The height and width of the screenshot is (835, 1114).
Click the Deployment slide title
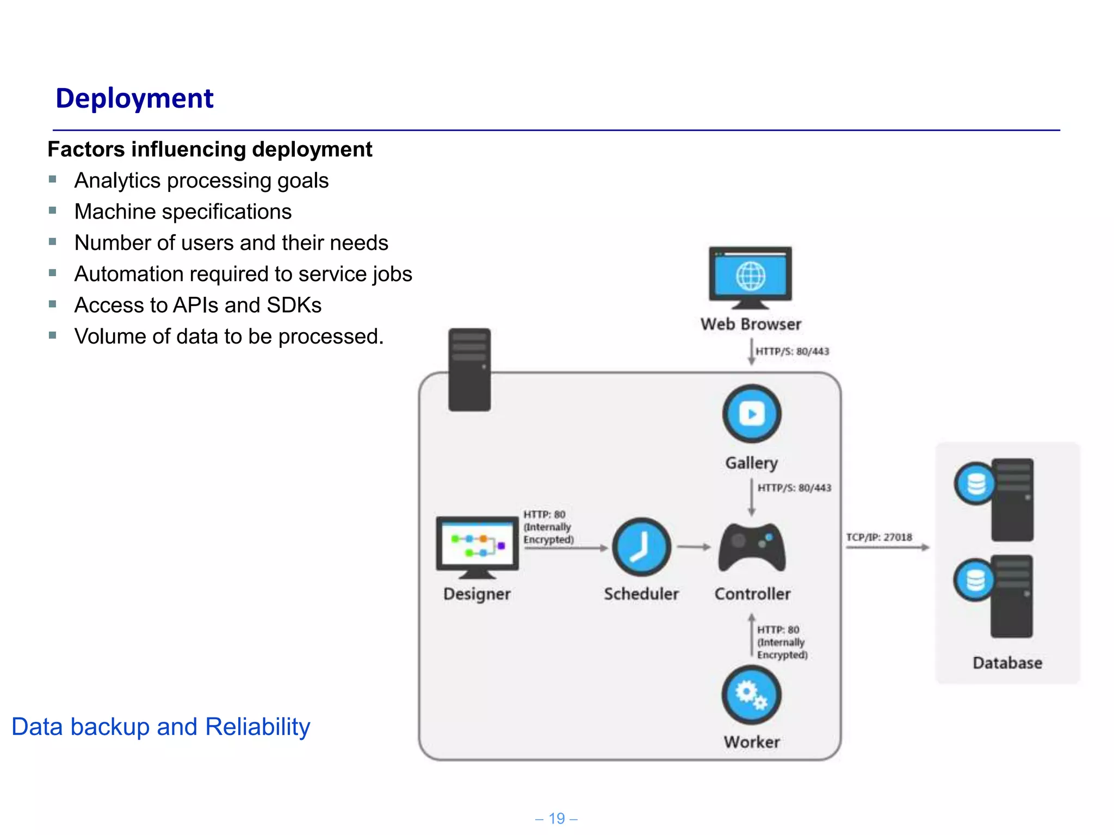(x=134, y=98)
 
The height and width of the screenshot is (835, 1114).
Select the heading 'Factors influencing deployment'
(x=209, y=149)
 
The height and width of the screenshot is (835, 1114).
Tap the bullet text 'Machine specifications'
(x=183, y=211)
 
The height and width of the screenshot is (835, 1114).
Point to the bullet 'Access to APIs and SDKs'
(x=197, y=305)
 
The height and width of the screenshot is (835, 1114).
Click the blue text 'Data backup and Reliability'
(x=160, y=727)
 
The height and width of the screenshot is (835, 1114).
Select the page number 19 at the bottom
(x=556, y=818)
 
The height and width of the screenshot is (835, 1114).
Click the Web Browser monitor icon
(x=750, y=277)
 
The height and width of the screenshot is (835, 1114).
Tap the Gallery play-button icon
(x=752, y=414)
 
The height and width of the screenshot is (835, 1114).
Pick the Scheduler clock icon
(x=641, y=547)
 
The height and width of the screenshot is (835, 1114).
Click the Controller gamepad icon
(x=752, y=547)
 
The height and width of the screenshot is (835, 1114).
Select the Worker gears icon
(x=751, y=695)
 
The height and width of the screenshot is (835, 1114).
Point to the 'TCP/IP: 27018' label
(x=879, y=537)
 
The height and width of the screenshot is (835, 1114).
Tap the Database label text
(x=1007, y=663)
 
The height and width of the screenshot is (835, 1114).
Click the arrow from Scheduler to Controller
(x=694, y=547)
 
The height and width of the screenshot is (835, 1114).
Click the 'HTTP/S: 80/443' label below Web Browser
(x=792, y=351)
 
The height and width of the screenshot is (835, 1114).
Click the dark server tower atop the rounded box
(x=469, y=369)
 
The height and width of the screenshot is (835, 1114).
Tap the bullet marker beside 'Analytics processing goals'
(x=53, y=179)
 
